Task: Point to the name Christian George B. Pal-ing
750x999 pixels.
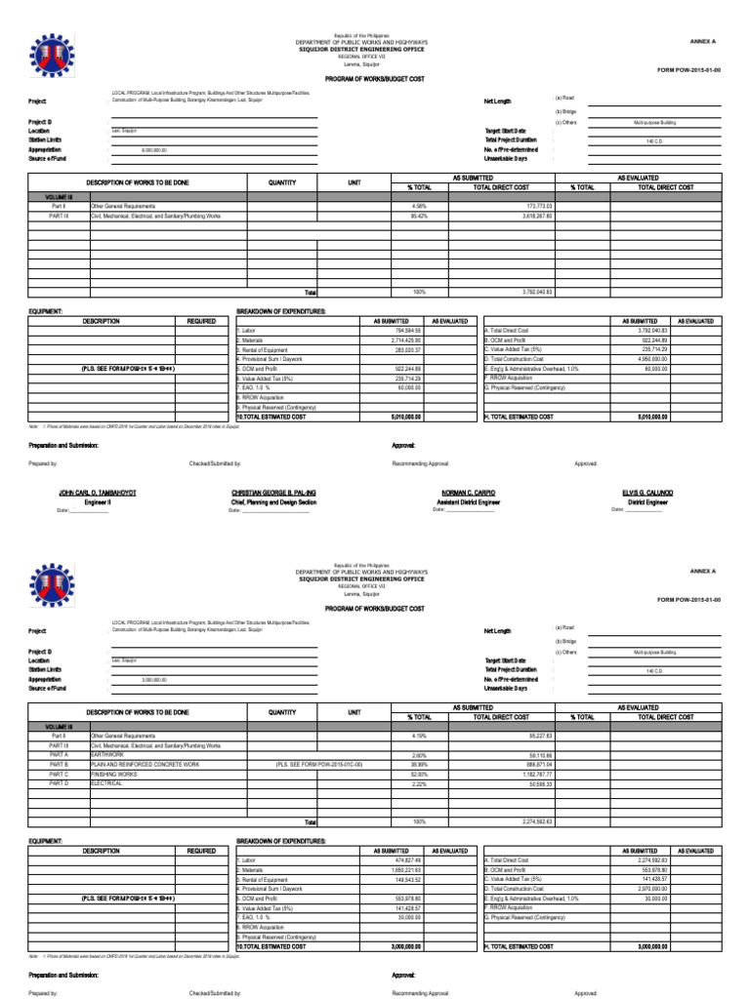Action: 273,494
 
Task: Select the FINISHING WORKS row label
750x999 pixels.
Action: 113,774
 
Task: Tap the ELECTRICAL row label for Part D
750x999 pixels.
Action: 106,783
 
